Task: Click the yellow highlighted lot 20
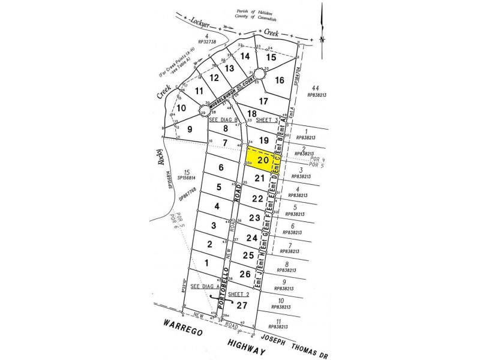263,160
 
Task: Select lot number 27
241,305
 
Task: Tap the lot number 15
271,57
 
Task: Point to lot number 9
189,128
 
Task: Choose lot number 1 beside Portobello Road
207,262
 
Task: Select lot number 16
279,80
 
